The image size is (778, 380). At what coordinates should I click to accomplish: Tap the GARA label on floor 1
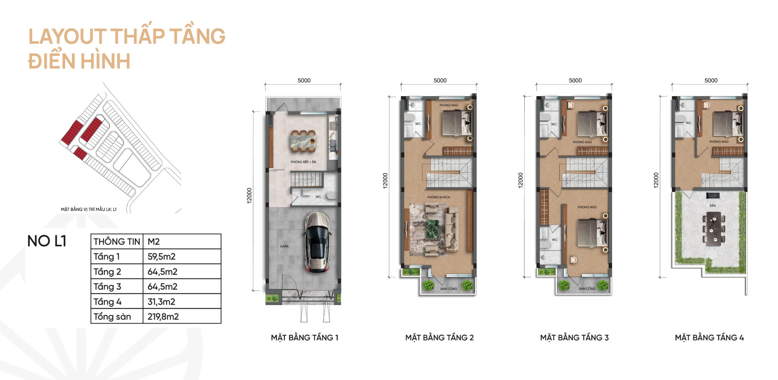(284, 246)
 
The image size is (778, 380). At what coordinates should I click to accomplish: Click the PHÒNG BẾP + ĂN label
(303, 162)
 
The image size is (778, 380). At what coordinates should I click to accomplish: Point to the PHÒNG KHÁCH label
(439, 197)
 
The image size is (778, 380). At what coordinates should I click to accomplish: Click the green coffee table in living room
(432, 229)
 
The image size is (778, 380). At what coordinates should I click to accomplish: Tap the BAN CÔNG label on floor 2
(448, 289)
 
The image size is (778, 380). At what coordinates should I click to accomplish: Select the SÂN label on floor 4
(713, 206)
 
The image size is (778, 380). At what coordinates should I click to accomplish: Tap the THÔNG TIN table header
(117, 242)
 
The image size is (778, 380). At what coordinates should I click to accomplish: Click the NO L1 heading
(47, 241)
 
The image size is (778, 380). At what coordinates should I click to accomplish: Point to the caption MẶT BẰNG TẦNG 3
(575, 337)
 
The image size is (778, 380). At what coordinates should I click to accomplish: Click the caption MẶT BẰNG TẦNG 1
(305, 337)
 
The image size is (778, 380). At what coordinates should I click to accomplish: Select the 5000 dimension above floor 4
(711, 80)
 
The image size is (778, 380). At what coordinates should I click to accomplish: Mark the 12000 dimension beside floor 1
(249, 195)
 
